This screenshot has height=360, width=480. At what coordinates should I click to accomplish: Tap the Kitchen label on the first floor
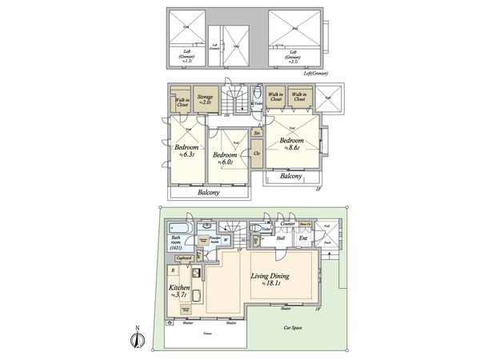click(x=178, y=290)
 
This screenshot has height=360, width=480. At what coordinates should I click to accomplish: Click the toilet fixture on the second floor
click(x=257, y=101)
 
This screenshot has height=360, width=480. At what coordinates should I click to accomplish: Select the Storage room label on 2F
click(x=206, y=99)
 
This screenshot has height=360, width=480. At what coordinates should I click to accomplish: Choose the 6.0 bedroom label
click(x=225, y=157)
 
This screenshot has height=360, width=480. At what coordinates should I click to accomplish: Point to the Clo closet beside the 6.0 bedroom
click(x=257, y=153)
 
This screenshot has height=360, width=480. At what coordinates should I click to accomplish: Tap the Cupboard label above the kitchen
click(x=183, y=258)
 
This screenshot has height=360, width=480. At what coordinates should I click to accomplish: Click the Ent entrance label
click(x=303, y=238)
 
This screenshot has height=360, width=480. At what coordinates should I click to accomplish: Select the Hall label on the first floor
click(x=281, y=238)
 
